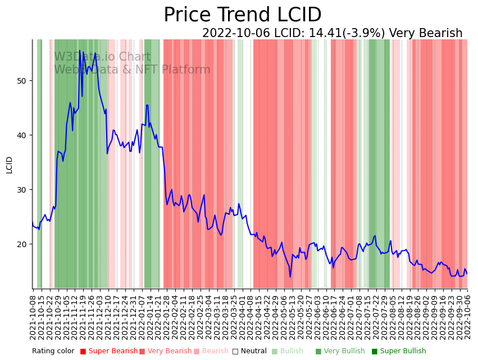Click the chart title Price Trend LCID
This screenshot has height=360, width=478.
point(242,15)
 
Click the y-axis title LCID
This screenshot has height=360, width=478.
point(9,165)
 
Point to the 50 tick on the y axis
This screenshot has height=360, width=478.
point(22,81)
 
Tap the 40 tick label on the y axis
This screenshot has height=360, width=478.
point(22,135)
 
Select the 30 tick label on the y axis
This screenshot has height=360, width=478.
point(22,190)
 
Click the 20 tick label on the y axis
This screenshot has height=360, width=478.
point(22,244)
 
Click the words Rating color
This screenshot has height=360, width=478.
point(53,351)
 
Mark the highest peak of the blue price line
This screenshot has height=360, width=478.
point(80,51)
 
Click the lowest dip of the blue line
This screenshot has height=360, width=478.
point(290,276)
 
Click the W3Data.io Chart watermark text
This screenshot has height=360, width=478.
point(102,57)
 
